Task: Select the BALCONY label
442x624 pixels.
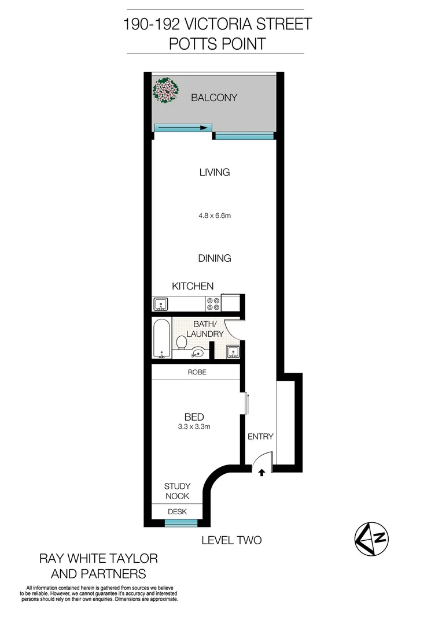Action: click(x=214, y=98)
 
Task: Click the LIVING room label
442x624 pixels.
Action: click(x=214, y=172)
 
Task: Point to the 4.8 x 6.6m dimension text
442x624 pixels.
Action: click(x=215, y=216)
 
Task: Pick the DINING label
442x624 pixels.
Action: click(x=215, y=258)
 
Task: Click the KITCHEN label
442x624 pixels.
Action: click(x=193, y=286)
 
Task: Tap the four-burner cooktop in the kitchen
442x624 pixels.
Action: click(x=212, y=303)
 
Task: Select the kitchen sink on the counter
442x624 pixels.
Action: click(x=161, y=303)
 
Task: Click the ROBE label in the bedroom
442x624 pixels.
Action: click(x=197, y=373)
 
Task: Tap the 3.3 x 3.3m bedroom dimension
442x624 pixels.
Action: click(x=193, y=427)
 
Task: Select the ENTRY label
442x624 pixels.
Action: click(x=260, y=437)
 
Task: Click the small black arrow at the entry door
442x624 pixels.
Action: click(x=261, y=473)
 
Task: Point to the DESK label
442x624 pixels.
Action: click(x=177, y=512)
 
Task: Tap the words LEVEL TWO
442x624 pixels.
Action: click(x=231, y=541)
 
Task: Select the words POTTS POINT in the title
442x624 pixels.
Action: click(x=218, y=43)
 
